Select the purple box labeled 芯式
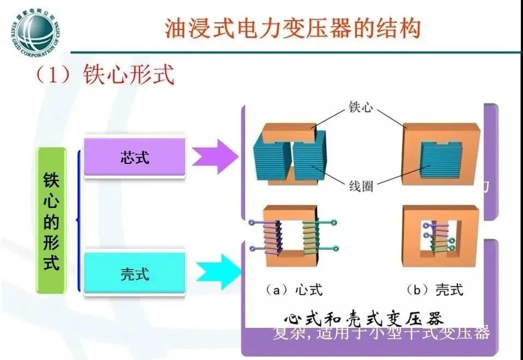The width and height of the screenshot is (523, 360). tap(135, 157)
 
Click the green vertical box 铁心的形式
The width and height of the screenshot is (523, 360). tap(51, 221)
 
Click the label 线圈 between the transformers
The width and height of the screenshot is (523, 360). tap(361, 186)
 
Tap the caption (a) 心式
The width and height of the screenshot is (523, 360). tap(294, 290)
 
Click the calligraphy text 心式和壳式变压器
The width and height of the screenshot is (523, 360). tap(363, 319)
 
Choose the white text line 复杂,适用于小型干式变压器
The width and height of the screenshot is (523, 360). tap(381, 332)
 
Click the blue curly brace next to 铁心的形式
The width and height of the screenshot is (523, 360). tap(80, 221)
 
